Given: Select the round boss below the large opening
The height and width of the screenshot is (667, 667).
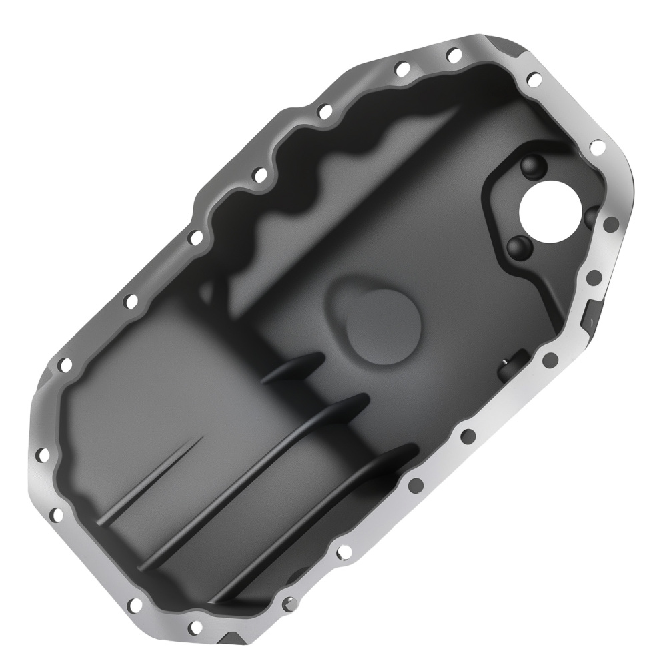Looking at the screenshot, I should [x=520, y=247].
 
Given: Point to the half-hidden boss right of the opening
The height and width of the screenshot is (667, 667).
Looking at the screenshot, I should [x=591, y=217].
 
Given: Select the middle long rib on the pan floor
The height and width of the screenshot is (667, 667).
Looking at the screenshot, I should [x=253, y=480].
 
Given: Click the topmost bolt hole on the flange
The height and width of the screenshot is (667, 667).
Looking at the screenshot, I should [x=453, y=53].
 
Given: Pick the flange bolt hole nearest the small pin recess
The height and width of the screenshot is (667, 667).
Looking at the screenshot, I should [x=550, y=361].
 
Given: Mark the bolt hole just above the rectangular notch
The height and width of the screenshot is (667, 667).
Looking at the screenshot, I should [x=594, y=277].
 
